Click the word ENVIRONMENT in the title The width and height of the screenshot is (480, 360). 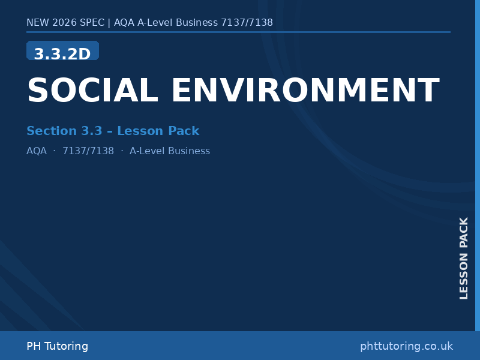click(305, 91)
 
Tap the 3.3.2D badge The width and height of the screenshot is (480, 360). click(62, 53)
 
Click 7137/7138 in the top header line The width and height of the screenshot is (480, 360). click(247, 23)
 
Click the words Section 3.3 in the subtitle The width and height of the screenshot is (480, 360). click(60, 131)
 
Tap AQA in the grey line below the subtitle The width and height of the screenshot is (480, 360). click(37, 151)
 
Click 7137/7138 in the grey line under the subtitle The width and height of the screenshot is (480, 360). click(88, 151)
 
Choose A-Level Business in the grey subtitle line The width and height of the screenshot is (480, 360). click(170, 151)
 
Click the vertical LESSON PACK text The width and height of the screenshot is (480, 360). click(464, 258)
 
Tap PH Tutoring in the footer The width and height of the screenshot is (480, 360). click(57, 346)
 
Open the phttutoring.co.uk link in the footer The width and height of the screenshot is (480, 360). click(406, 346)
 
